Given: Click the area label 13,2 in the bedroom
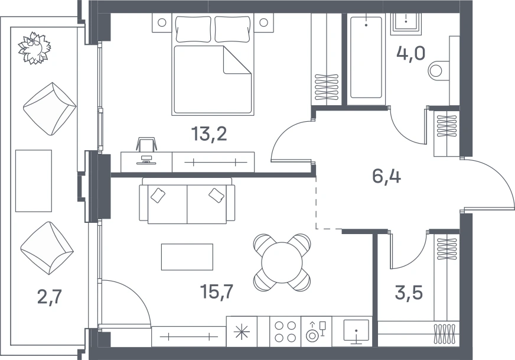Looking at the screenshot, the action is click(209, 134).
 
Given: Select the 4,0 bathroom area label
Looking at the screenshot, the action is click(411, 53).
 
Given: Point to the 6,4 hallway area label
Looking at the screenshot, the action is click(387, 176).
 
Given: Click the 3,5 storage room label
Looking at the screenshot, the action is click(409, 293).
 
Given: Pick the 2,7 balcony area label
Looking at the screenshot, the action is click(50, 297).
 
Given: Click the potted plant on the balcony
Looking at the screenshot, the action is click(34, 48).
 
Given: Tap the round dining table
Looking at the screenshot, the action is click(282, 262).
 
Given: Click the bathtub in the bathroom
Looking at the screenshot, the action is click(366, 57).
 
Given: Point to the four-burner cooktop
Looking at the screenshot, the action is click(285, 332).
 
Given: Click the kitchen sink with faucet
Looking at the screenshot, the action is click(356, 331).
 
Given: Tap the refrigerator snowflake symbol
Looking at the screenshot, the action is click(242, 332).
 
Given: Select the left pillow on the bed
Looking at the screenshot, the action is click(193, 29).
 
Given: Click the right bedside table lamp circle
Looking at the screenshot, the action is click(264, 22).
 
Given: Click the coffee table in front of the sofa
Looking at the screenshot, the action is click(187, 257).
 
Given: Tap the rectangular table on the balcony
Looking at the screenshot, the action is click(34, 181).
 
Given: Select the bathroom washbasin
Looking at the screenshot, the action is click(406, 22).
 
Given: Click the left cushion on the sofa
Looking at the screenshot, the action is click(158, 195).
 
